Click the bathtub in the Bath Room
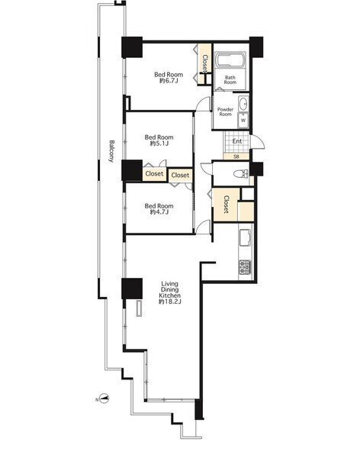tap(230, 60)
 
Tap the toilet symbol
tap(241, 174)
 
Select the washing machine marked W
tap(243, 120)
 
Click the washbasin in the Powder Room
tap(243, 103)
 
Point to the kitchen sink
tap(245, 237)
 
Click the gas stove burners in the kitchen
tap(245, 266)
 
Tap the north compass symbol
tap(104, 398)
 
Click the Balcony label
tap(111, 151)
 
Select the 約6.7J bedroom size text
tap(168, 81)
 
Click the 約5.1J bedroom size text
tap(159, 144)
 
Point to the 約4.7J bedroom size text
tap(159, 212)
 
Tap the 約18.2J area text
tap(169, 302)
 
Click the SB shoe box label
tap(236, 156)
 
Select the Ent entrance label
tap(237, 141)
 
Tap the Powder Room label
tap(226, 112)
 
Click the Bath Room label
tap(230, 79)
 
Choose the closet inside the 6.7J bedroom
tap(204, 64)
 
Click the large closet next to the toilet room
tap(227, 205)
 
